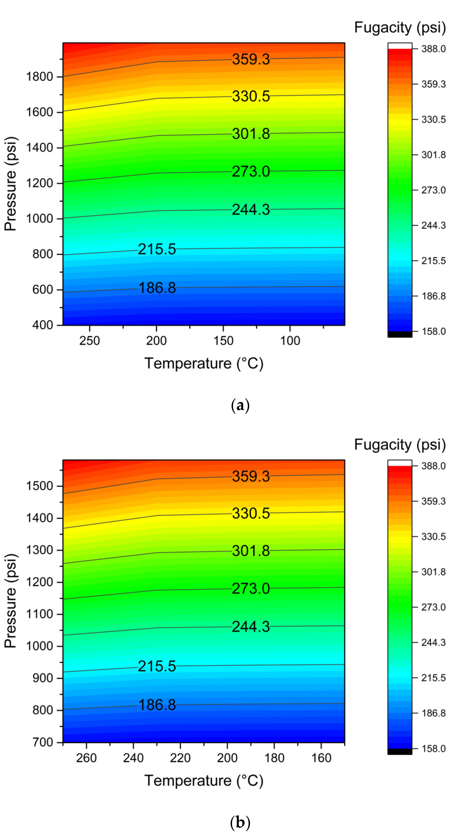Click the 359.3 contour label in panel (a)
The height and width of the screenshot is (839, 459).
point(251,59)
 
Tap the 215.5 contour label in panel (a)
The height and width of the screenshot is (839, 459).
point(157,249)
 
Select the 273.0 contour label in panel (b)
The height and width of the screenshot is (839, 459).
point(251,588)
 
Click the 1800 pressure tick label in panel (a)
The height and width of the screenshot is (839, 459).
point(39,77)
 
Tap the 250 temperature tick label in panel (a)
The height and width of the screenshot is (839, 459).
point(89,341)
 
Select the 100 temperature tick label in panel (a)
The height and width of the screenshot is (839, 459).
point(290,341)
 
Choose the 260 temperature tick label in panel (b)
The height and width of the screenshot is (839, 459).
point(86,758)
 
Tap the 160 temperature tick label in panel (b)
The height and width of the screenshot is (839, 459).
point(321,758)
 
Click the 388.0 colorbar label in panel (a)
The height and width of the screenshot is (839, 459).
point(433,49)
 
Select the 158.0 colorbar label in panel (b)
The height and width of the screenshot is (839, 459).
point(433,748)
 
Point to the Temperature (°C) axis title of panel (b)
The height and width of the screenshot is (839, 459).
point(204,781)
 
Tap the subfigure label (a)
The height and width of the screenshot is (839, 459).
point(240,405)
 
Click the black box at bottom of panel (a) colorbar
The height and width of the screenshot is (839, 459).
point(400,334)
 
